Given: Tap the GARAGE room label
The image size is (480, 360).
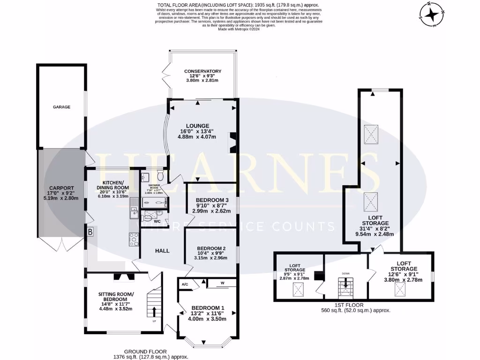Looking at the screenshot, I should [x=61, y=107].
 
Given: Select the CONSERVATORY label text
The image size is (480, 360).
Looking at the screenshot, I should [x=202, y=71].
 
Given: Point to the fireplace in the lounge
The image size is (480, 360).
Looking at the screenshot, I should [x=232, y=143].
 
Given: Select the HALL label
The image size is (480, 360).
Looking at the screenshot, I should [x=162, y=251].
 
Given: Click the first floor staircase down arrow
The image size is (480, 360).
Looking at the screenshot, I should [x=346, y=283].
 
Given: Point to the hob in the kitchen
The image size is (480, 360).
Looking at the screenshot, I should [x=133, y=240].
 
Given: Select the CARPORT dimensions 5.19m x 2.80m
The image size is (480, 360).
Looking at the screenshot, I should [x=60, y=198].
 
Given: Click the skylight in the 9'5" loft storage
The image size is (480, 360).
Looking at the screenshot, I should [x=298, y=291].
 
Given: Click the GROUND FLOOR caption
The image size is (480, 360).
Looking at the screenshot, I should [x=145, y=351].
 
